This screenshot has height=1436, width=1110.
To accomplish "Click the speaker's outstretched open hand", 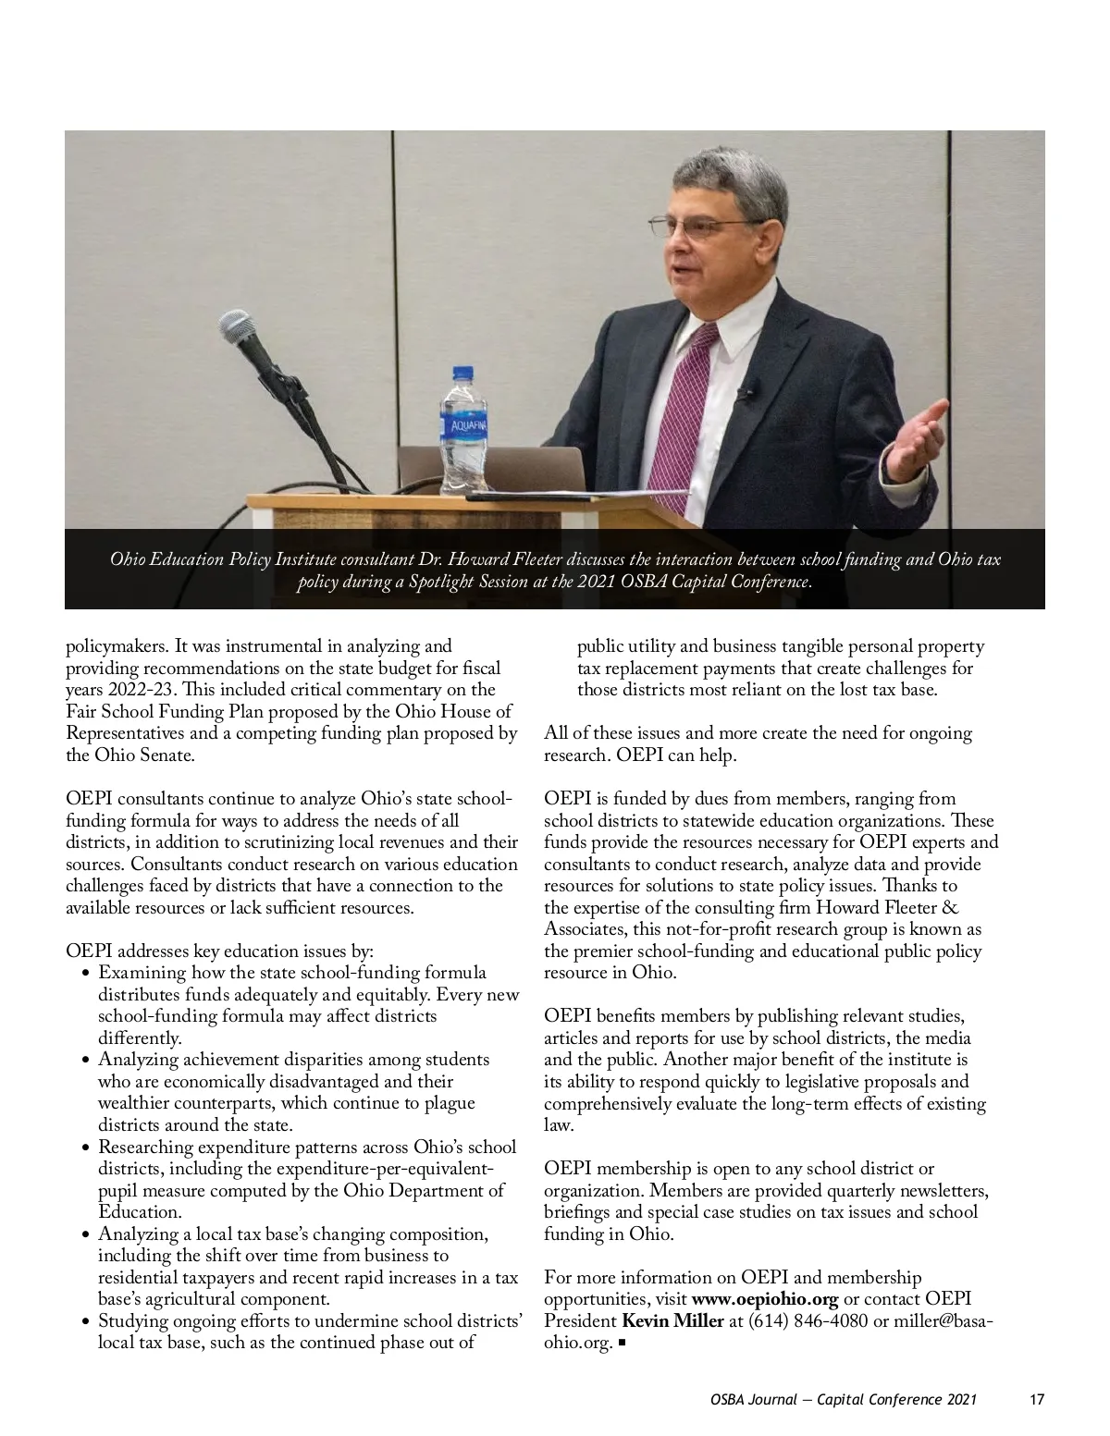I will click(x=916, y=435).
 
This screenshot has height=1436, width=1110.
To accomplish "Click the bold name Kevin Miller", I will click(x=672, y=1320).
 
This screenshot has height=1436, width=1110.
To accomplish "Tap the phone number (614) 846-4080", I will click(x=808, y=1320).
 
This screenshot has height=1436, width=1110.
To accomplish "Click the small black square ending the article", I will click(x=622, y=1343).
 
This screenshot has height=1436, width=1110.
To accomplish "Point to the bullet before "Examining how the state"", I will click(x=85, y=974).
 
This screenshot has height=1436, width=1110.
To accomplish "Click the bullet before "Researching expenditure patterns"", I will click(x=85, y=1148).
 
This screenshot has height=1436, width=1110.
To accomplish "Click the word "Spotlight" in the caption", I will click(x=440, y=582).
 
